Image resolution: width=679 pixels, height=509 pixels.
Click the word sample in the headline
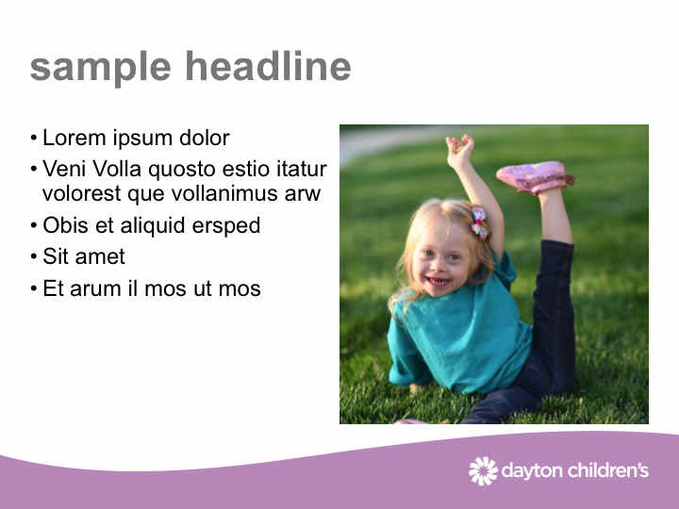point(101,68)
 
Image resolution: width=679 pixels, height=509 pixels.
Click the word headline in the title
point(268,66)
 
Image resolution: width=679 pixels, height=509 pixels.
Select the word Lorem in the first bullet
point(75,138)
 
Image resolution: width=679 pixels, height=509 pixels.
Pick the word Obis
point(65,225)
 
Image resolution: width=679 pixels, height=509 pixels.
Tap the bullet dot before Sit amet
point(34,256)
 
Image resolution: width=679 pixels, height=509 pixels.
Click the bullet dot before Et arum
point(34,288)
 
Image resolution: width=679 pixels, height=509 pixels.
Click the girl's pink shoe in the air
point(536,176)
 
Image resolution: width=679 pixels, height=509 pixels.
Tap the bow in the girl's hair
point(480,222)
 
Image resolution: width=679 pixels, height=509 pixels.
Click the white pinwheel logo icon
point(483,471)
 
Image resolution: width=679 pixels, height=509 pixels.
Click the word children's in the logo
point(608,469)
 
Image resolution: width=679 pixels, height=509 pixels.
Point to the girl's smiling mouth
point(439,282)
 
